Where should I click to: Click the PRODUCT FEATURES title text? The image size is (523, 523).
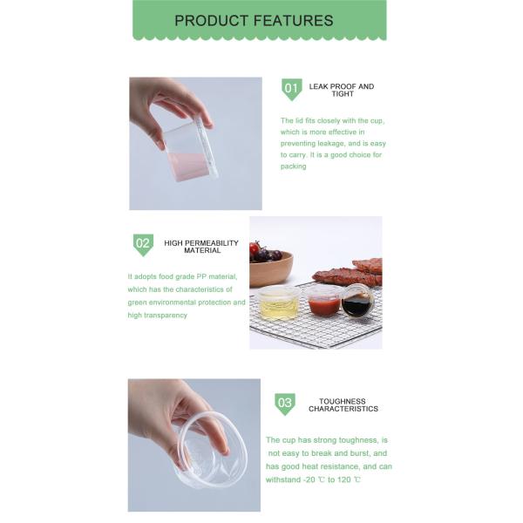pyautogui.click(x=254, y=21)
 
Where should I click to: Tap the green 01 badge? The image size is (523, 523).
pyautogui.click(x=291, y=89)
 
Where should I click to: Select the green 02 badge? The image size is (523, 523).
pyautogui.click(x=143, y=244)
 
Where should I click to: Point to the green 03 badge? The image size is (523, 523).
pyautogui.click(x=285, y=404)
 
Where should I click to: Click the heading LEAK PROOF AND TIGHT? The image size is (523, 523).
pyautogui.click(x=342, y=90)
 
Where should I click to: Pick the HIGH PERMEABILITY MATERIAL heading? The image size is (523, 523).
pyautogui.click(x=201, y=247)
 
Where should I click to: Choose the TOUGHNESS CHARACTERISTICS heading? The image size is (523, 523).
pyautogui.click(x=343, y=405)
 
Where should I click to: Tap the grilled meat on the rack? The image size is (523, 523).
pyautogui.click(x=348, y=273)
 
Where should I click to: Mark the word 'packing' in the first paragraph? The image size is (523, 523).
pyautogui.click(x=293, y=166)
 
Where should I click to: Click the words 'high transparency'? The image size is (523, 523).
pyautogui.click(x=158, y=316)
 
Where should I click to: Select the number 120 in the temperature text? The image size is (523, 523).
pyautogui.click(x=344, y=479)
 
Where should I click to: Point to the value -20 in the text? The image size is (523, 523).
pyautogui.click(x=309, y=479)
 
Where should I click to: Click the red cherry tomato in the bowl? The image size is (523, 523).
pyautogui.click(x=255, y=248)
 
